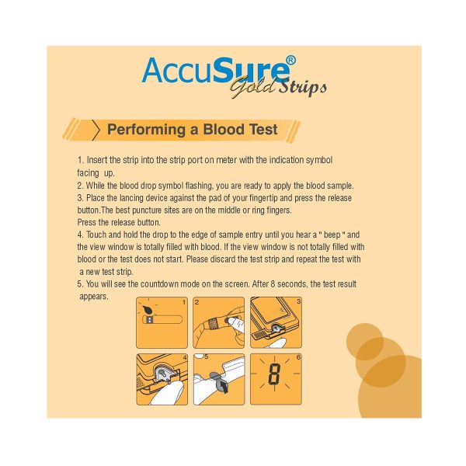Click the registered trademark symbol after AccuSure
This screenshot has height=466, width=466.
point(290,61)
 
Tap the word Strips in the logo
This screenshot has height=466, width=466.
point(303,87)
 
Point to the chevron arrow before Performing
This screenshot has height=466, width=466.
point(96,130)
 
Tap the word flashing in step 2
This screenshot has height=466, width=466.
point(199,186)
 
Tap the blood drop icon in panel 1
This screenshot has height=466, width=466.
point(147,310)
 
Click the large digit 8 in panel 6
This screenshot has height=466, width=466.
point(274,374)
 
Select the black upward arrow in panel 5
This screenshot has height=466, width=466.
point(223,387)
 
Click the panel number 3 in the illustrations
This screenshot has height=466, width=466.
point(299,301)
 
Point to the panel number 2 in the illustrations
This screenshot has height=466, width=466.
point(196,302)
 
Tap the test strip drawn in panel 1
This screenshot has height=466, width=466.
point(162,320)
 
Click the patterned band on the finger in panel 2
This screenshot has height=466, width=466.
point(213,324)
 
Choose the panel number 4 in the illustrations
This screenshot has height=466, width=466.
point(185,357)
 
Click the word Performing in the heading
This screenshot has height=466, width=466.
point(147,130)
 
